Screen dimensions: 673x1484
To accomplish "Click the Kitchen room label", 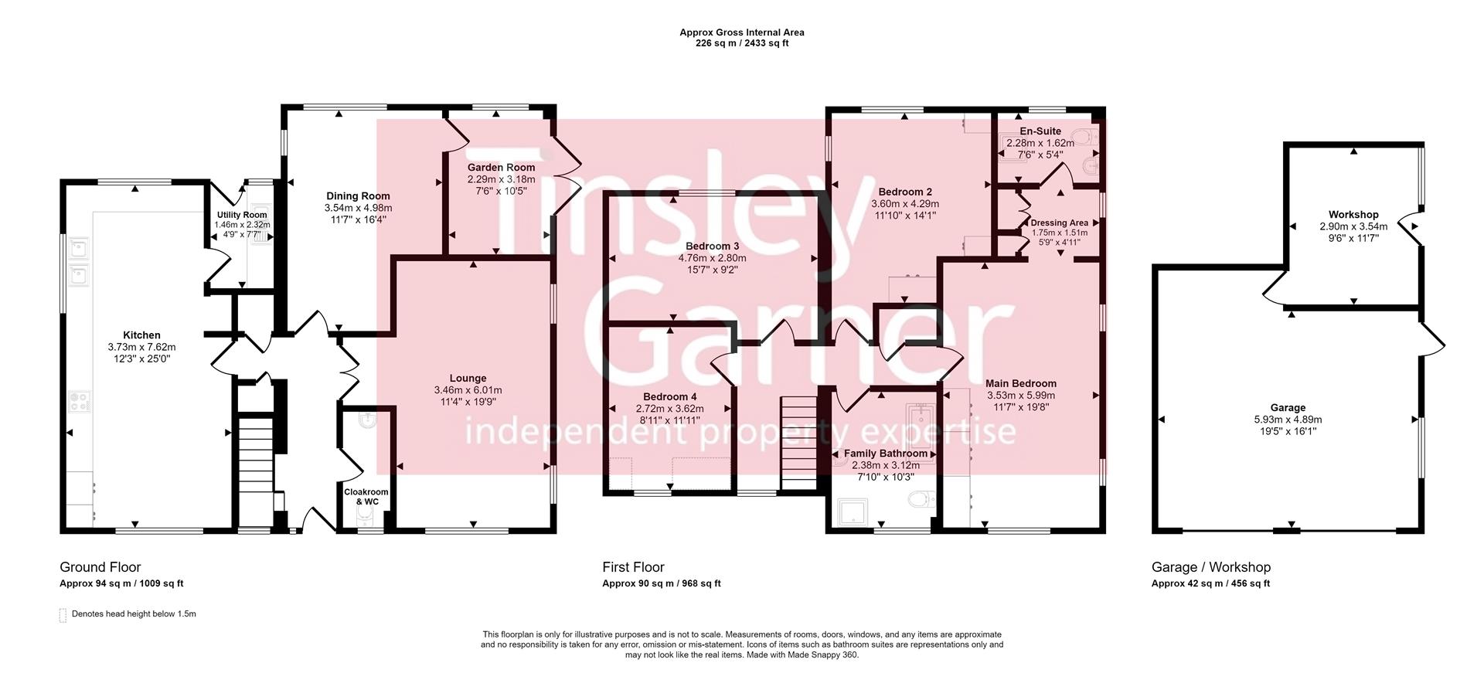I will pos(141,335).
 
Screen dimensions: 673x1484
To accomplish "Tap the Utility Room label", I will pos(242,215).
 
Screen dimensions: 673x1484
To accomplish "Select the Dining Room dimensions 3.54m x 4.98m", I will pos(358,208).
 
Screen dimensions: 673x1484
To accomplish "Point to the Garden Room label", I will pos(501,168).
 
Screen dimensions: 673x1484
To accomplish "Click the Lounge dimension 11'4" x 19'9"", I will pos(468,402).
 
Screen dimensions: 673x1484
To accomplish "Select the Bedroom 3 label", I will pos(712,246).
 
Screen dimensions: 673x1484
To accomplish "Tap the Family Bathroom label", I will pos(885,454).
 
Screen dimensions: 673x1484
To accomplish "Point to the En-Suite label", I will pos(1040,131).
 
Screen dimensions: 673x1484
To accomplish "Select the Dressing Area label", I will pos(1059,223).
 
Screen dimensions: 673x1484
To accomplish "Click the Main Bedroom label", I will pos(1020,383).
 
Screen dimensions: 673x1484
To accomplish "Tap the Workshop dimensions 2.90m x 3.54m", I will pos(1353,226).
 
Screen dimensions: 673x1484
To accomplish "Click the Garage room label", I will pos(1288,408).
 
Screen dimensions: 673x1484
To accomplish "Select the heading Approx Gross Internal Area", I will pos(741,32).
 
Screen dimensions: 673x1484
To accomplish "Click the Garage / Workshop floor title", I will pos(1210,567).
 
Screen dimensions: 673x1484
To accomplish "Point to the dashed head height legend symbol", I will pos(63,615).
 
